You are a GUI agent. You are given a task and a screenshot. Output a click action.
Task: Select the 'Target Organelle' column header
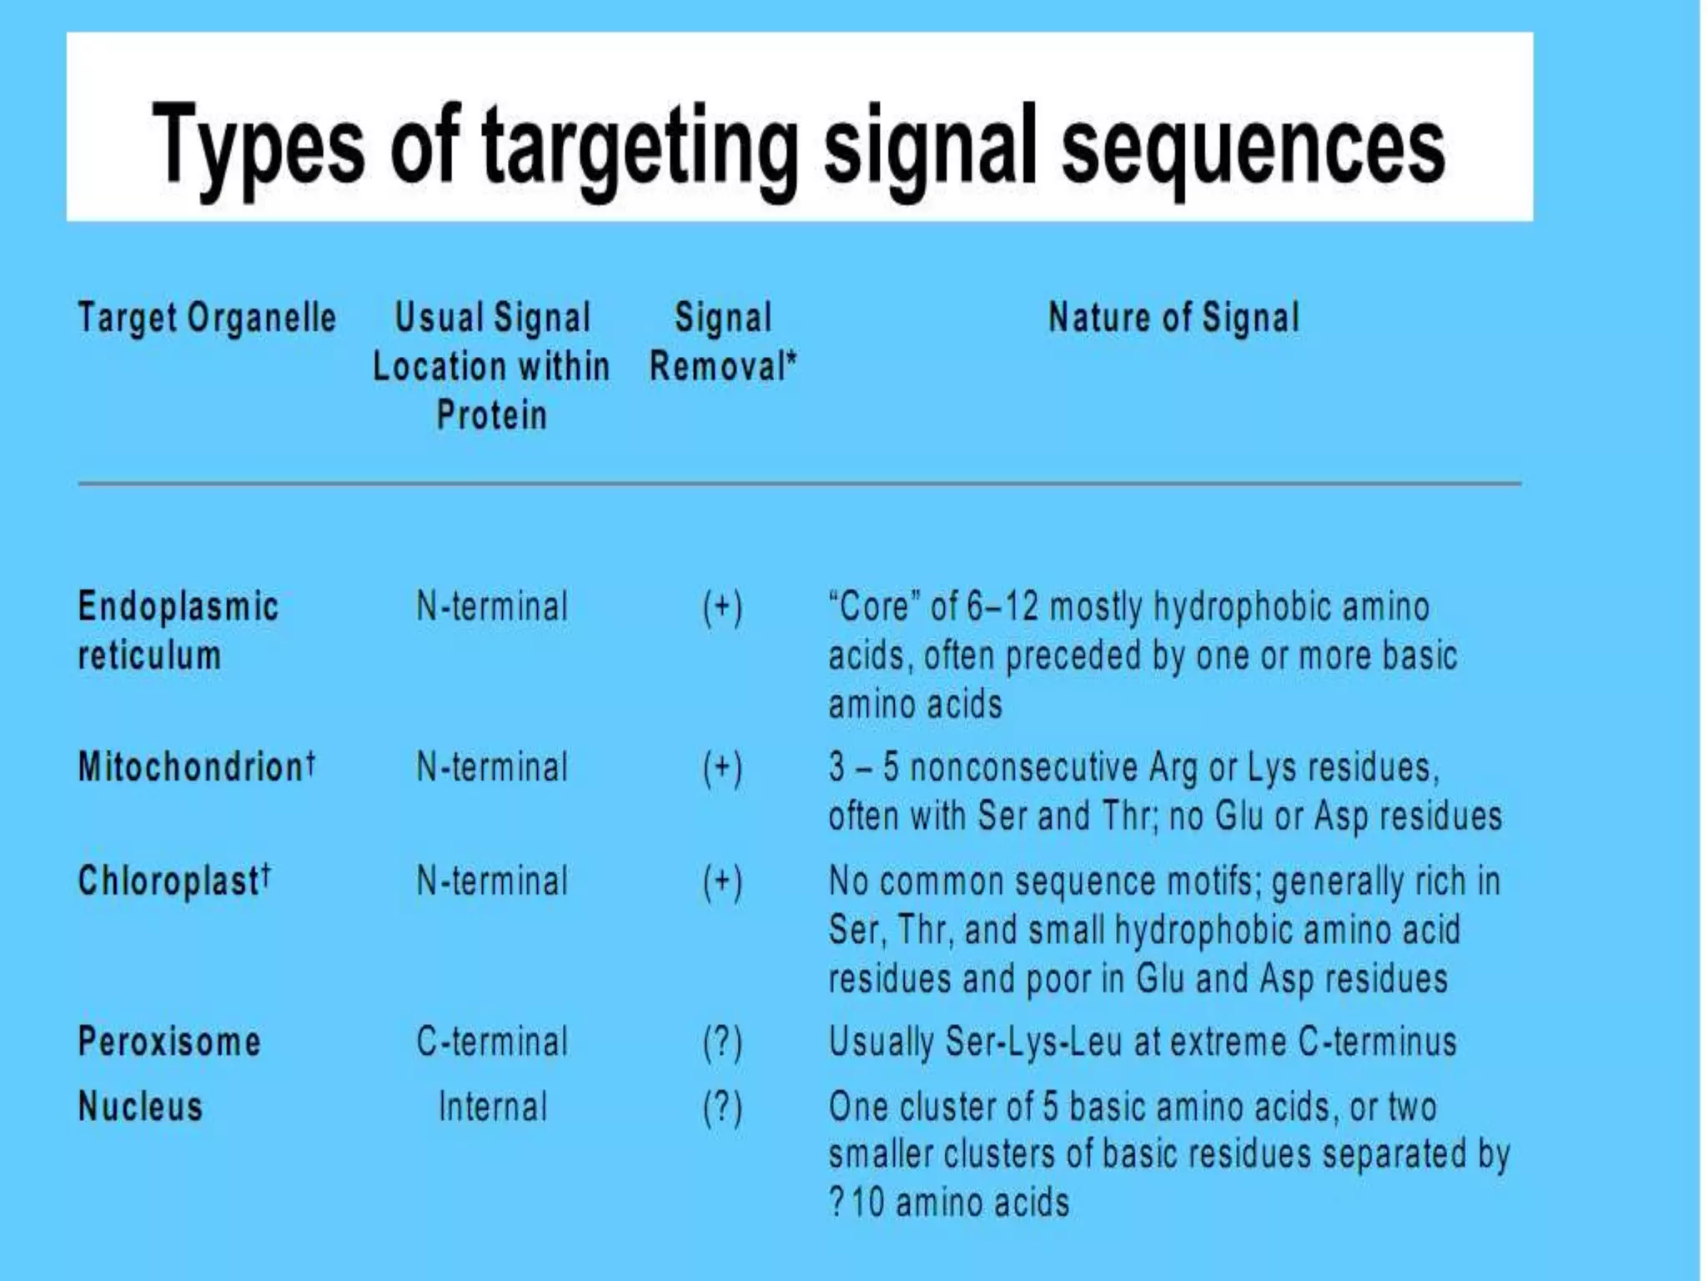coord(207,318)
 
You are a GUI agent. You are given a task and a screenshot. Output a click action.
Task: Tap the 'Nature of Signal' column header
coord(1173,318)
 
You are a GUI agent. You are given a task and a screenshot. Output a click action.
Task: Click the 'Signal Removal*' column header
coord(723,342)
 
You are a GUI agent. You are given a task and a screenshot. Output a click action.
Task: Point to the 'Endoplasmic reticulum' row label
coord(178,630)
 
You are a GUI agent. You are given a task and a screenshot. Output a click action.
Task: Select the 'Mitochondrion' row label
coord(192,767)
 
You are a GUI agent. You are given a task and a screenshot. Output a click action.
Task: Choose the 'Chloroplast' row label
coord(168,882)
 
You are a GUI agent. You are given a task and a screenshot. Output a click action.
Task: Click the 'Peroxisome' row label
coord(169,1042)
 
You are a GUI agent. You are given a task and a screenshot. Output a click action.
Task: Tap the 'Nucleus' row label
coord(140,1108)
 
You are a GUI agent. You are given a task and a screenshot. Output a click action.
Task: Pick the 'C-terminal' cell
coord(492,1042)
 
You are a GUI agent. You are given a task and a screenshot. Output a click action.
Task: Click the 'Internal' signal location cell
coord(493,1108)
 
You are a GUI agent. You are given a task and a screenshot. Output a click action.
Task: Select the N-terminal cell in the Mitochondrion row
coord(492,767)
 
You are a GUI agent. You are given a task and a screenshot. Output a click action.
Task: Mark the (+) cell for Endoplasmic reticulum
coord(722,607)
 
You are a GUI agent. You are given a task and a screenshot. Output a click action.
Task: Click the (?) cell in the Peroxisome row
coord(722,1042)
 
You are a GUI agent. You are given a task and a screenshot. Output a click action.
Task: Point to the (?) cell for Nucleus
coord(722,1108)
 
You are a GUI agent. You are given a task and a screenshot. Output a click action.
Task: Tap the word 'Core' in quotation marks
coord(873,607)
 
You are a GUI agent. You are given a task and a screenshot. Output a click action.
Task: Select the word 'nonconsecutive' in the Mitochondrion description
coord(1023,767)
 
